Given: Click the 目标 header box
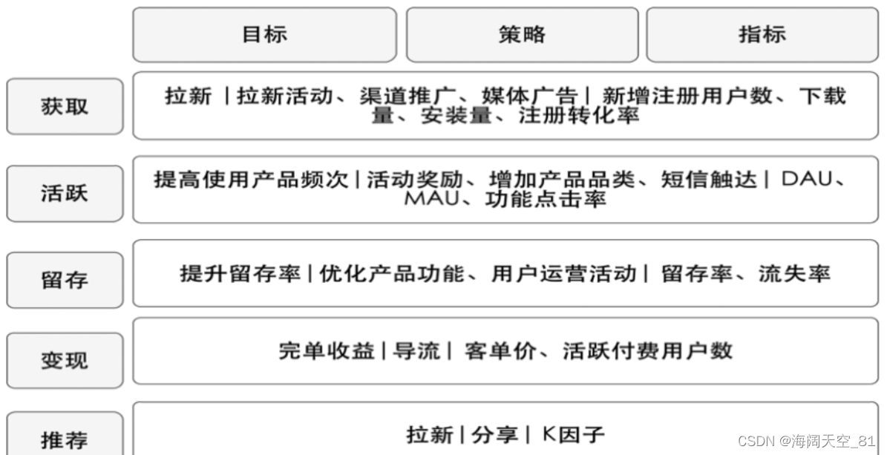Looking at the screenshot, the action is (264, 34).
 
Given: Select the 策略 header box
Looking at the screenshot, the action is (522, 34).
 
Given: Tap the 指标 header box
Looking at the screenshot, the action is (762, 34).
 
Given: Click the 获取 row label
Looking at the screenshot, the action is (65, 106).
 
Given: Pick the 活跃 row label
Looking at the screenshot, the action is (65, 193).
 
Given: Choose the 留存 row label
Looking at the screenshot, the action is (65, 280).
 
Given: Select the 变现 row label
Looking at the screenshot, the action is (65, 361).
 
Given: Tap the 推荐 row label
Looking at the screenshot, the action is (65, 439).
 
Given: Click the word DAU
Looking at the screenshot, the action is (808, 180).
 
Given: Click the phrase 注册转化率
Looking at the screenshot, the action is (580, 116).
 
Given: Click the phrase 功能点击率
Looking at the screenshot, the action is (546, 200).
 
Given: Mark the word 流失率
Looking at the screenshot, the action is (793, 273).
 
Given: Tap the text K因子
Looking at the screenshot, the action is (575, 433).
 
